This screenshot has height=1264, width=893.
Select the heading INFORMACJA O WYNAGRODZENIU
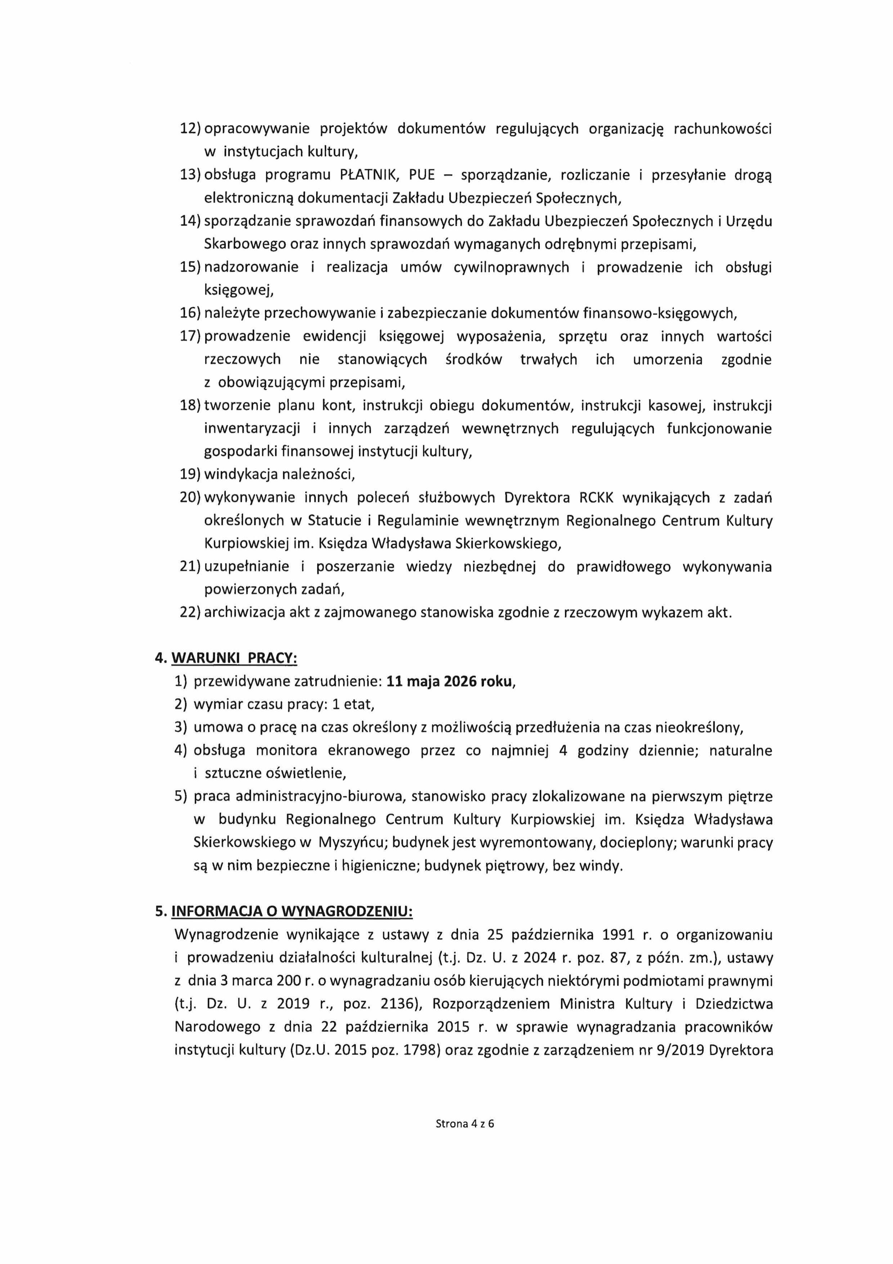click(x=292, y=912)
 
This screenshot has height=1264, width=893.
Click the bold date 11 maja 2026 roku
click(x=450, y=682)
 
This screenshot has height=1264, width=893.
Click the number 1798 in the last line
click(x=420, y=1050)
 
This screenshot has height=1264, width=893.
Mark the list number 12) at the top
click(x=190, y=129)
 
